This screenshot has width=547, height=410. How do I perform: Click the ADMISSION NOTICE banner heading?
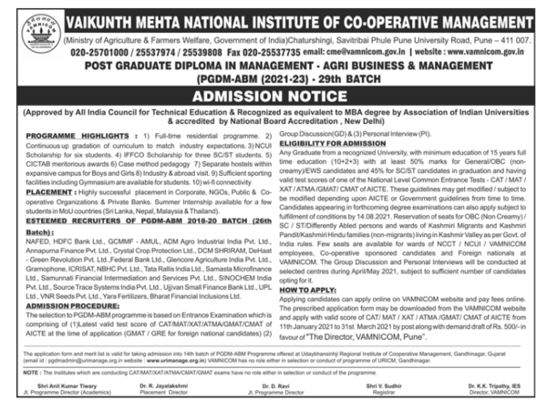[273, 96]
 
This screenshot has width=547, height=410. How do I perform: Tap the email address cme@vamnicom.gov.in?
[327, 52]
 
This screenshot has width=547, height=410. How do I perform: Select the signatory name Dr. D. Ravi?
[273, 384]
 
